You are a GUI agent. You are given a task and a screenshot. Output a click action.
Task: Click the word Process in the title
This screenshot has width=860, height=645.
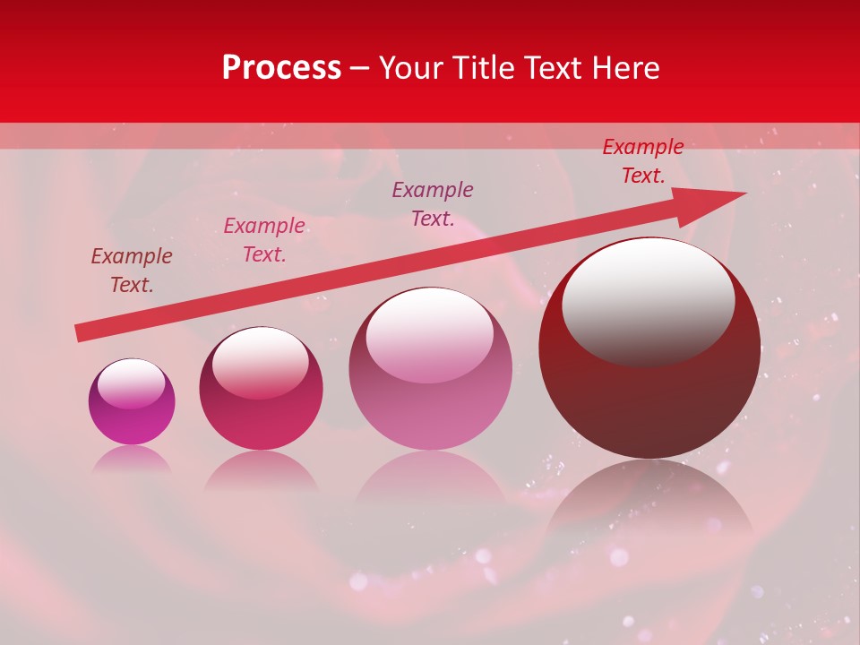pyautogui.click(x=281, y=68)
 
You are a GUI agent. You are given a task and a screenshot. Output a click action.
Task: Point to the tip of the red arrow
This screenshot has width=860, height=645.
pyautogui.click(x=744, y=193)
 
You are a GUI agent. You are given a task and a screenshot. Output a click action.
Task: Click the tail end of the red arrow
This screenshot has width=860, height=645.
pyautogui.click(x=78, y=333)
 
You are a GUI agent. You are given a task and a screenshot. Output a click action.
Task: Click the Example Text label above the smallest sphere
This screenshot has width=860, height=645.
pyautogui.click(x=132, y=271)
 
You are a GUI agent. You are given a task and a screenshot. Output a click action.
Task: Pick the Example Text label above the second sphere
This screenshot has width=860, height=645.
pyautogui.click(x=264, y=240)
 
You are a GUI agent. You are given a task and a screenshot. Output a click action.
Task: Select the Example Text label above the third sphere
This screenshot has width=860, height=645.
pyautogui.click(x=433, y=204)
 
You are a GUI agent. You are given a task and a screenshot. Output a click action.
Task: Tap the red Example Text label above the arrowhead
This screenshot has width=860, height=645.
pyautogui.click(x=643, y=161)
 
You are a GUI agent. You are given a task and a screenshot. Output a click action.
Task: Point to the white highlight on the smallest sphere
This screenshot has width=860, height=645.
pyautogui.click(x=131, y=383)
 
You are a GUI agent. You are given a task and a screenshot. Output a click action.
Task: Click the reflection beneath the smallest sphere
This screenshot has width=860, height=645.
pyautogui.click(x=132, y=459)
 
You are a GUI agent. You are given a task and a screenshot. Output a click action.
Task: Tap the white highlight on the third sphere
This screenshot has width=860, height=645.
pyautogui.click(x=430, y=333)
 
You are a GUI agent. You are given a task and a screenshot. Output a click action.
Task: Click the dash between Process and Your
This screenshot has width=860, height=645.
pyautogui.click(x=360, y=68)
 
